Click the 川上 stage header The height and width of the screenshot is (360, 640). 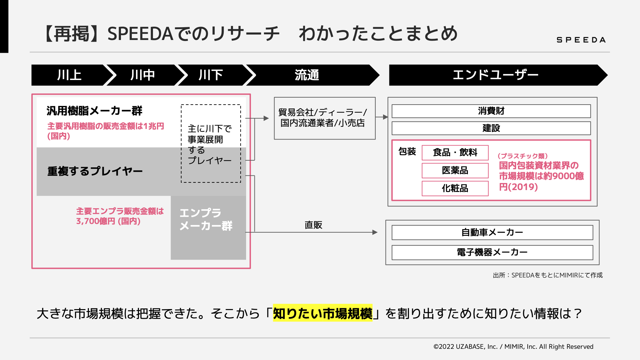pyautogui.click(x=69, y=75)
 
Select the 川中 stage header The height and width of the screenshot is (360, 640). pyautogui.click(x=143, y=75)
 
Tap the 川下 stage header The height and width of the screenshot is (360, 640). pyautogui.click(x=211, y=75)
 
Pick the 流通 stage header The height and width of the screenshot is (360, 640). pyautogui.click(x=307, y=75)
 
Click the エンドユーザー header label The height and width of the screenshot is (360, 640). pyautogui.click(x=496, y=75)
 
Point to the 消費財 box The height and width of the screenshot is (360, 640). pyautogui.click(x=491, y=111)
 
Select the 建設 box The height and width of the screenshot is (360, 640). pyautogui.click(x=491, y=128)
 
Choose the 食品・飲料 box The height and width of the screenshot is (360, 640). pyautogui.click(x=455, y=153)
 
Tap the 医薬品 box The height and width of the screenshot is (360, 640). pyautogui.click(x=455, y=171)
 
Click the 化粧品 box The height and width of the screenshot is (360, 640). pyautogui.click(x=455, y=188)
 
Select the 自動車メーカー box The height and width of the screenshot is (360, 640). pyautogui.click(x=492, y=232)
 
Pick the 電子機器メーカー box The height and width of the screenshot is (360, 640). pyautogui.click(x=492, y=252)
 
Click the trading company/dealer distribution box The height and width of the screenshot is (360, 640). pyautogui.click(x=324, y=118)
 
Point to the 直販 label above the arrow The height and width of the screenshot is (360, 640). pyautogui.click(x=313, y=225)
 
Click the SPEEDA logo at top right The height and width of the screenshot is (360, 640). pyautogui.click(x=581, y=40)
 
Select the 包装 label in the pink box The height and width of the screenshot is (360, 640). pyautogui.click(x=407, y=151)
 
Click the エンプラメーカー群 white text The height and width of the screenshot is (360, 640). pyautogui.click(x=206, y=220)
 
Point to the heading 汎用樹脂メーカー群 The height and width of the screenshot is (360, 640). pyautogui.click(x=94, y=111)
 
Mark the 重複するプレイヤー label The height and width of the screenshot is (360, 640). pyautogui.click(x=95, y=171)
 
